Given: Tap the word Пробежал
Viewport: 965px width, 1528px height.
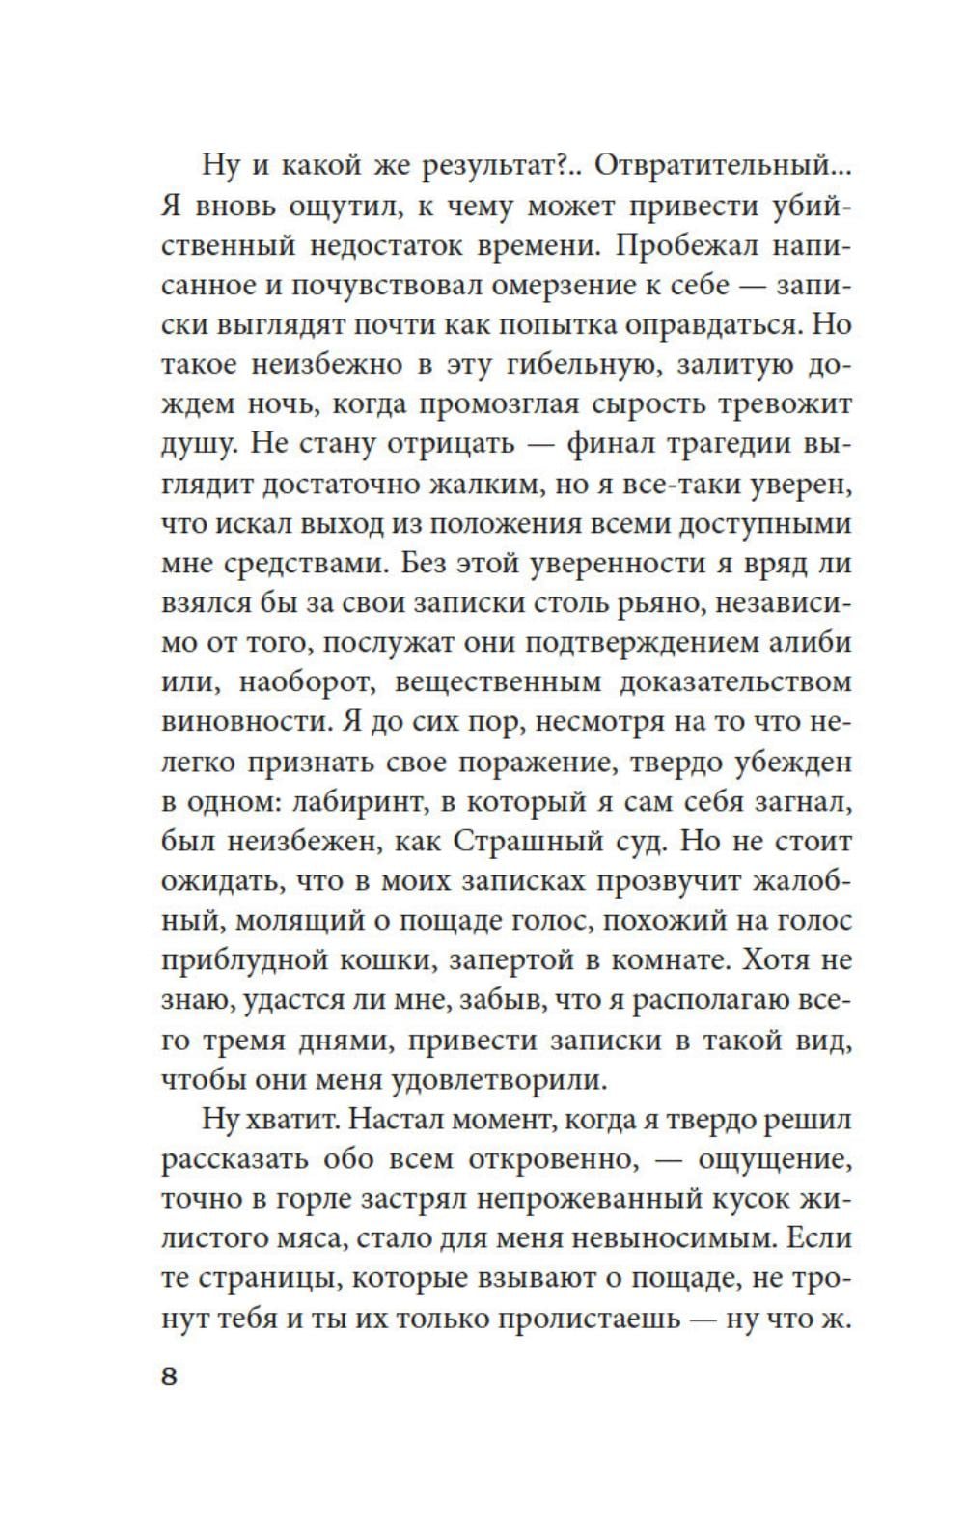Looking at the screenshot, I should (x=686, y=245).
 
